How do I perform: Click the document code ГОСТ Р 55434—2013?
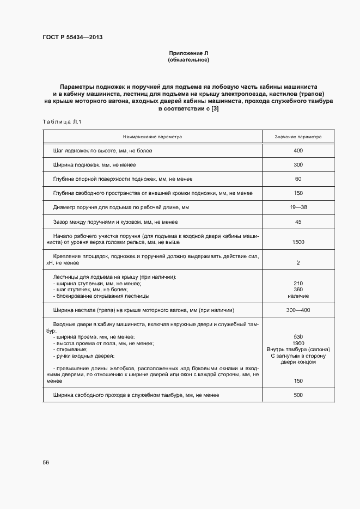pos(72,38)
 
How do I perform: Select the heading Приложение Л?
pos(188,53)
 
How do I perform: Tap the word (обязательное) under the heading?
pos(188,60)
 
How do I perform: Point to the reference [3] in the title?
pos(215,109)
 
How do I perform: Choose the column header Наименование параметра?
pos(152,137)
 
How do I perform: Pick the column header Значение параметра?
pos(297,137)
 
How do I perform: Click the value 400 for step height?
pos(297,150)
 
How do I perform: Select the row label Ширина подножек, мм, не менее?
pos(94,164)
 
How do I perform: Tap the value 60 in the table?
pos(297,179)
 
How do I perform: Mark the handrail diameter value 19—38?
pos(297,207)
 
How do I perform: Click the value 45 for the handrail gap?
pos(297,222)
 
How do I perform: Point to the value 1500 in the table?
pos(297,242)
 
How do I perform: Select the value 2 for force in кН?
pos(297,263)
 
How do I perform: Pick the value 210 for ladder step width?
pos(297,284)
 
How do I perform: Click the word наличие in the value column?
pos(297,296)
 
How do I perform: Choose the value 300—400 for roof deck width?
pos(297,310)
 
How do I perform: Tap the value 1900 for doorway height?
pos(297,343)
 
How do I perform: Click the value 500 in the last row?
pos(297,395)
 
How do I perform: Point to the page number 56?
pos(46,462)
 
